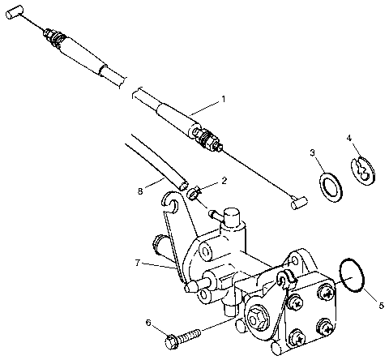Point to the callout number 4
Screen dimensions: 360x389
pyautogui.click(x=349, y=139)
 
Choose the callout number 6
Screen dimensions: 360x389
pyautogui.click(x=147, y=322)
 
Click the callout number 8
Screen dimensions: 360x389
pyautogui.click(x=141, y=191)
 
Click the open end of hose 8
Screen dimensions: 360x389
pyautogui.click(x=183, y=186)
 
